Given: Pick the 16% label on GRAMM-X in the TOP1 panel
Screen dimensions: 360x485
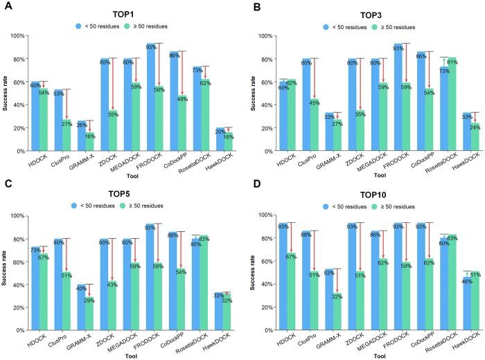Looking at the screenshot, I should coord(89,137).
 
